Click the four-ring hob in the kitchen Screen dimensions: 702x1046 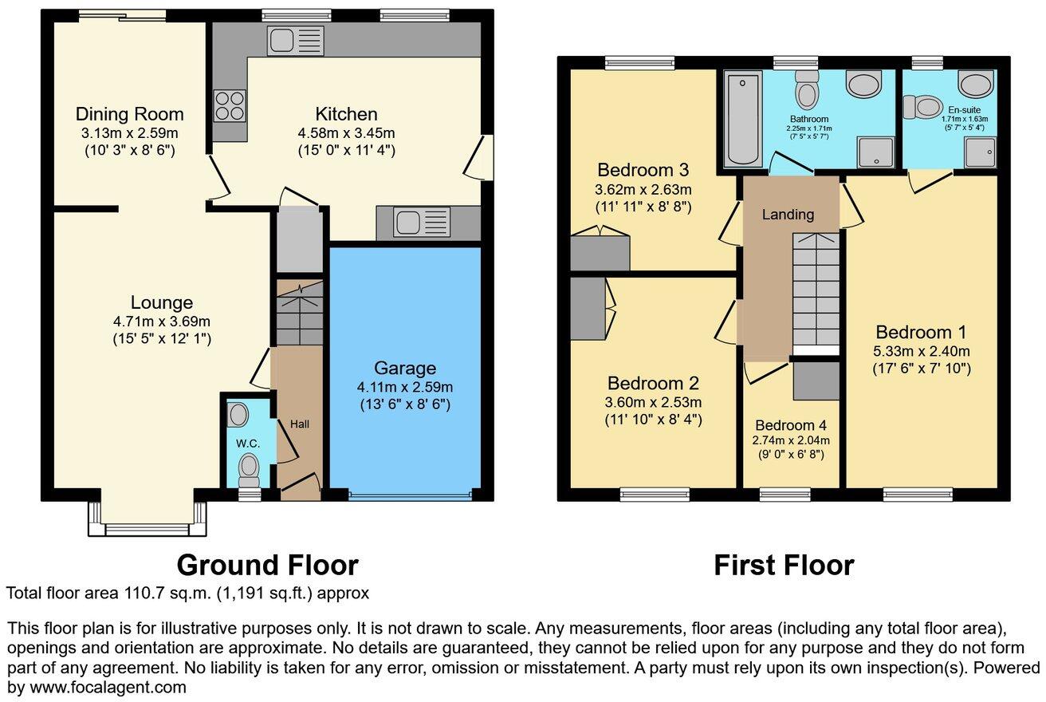229,106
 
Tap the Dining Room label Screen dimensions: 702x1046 129,114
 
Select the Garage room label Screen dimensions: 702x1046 406,368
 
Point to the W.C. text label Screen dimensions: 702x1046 243,443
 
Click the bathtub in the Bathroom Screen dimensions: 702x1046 745,119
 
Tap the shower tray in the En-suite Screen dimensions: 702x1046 981,152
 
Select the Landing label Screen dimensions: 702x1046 788,215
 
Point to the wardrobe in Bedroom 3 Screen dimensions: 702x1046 600,253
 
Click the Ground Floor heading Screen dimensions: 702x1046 267,565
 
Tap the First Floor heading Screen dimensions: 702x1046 784,565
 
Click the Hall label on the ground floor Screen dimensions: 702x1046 299,424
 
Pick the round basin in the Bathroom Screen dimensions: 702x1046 863,84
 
